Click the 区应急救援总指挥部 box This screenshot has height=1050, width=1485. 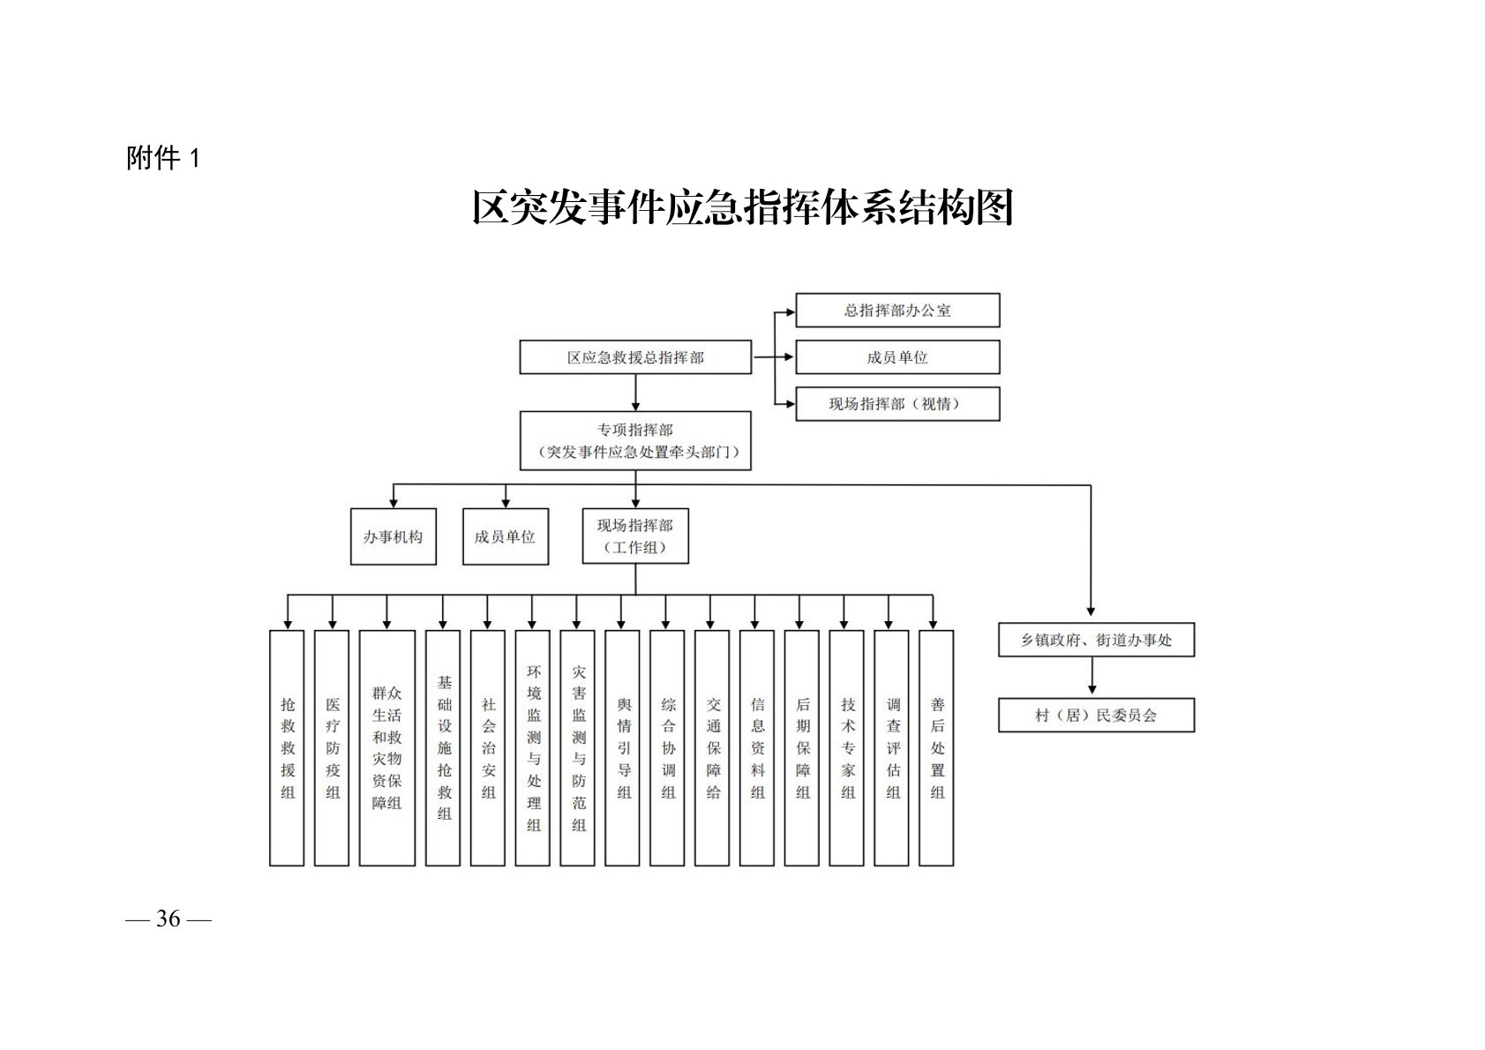(x=635, y=357)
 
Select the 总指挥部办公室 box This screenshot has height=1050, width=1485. (x=897, y=311)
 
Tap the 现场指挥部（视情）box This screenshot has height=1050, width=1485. (x=897, y=404)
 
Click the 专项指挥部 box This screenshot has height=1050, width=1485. (x=635, y=440)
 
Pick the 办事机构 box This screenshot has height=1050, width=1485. (x=394, y=536)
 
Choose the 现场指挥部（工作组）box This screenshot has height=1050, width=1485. (x=635, y=536)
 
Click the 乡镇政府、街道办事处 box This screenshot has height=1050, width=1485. (x=1096, y=640)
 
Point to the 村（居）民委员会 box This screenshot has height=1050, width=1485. (x=1096, y=716)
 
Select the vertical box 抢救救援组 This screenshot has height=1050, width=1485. (x=287, y=747)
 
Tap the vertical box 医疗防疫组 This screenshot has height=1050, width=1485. (x=332, y=747)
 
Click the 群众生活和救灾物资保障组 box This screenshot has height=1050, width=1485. (x=387, y=747)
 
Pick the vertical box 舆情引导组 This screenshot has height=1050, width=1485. (x=623, y=747)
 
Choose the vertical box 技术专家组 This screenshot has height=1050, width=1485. (x=847, y=747)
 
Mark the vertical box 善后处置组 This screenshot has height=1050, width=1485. (x=936, y=747)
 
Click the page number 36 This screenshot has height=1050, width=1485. (x=169, y=919)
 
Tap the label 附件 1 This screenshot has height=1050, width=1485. (x=164, y=159)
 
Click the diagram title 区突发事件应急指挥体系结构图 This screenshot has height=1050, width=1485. (x=742, y=208)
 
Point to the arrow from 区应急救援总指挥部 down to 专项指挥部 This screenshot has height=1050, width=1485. (x=635, y=393)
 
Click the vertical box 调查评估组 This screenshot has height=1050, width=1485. (x=892, y=747)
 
